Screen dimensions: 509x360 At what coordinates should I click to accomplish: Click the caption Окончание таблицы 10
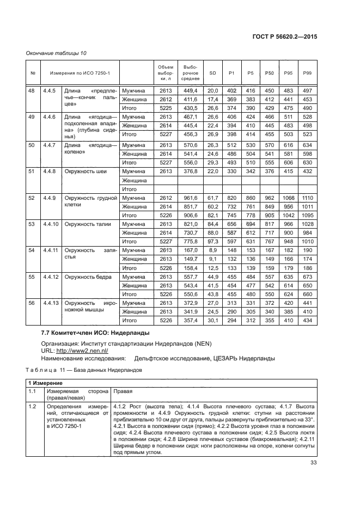click(x=56, y=53)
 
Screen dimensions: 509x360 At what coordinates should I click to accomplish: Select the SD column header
click(x=212, y=73)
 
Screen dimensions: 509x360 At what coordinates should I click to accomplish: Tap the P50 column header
click(x=269, y=73)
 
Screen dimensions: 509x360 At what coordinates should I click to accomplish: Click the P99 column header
click(x=307, y=73)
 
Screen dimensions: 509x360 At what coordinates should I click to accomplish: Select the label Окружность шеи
click(x=86, y=171)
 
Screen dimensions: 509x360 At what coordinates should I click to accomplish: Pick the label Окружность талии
click(x=88, y=224)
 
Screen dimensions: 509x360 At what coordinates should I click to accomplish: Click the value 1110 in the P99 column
click(x=307, y=198)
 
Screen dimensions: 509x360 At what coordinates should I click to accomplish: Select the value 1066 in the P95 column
click(x=288, y=198)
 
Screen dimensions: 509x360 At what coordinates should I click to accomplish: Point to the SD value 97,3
click(x=212, y=242)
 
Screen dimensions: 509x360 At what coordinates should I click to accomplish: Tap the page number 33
click(x=313, y=464)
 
